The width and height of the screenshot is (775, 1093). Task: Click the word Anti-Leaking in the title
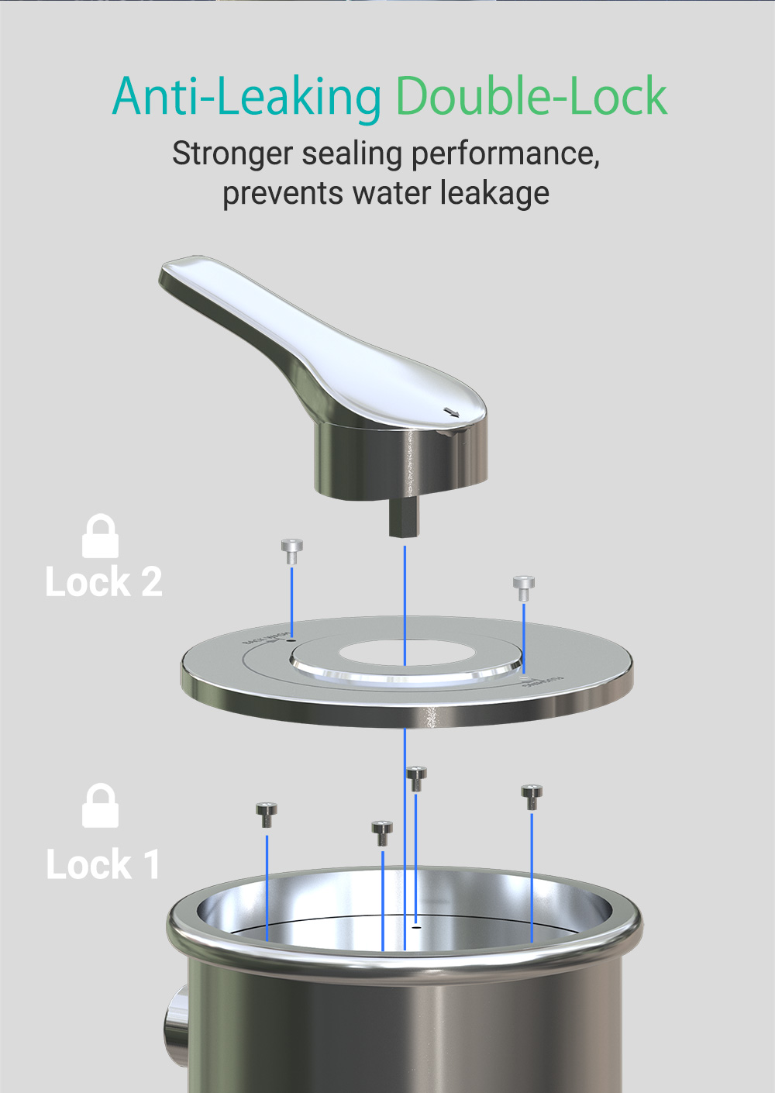tap(246, 97)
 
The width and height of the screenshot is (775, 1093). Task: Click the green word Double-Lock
tap(532, 97)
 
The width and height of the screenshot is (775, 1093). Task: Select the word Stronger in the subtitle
tap(232, 153)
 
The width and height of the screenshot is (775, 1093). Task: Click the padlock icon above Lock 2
tap(100, 536)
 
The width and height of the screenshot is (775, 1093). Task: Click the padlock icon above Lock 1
tap(100, 806)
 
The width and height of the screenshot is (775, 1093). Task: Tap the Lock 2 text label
tap(104, 582)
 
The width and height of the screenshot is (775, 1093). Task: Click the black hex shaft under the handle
tap(404, 519)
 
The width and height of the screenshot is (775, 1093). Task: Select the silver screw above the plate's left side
tap(291, 550)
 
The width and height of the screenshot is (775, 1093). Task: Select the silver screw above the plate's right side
tap(524, 588)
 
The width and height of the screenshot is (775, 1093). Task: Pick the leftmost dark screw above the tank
tap(267, 814)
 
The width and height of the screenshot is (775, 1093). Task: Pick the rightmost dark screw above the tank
tap(532, 796)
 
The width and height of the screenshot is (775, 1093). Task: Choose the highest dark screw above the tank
tap(416, 778)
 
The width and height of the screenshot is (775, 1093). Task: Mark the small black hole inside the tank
tap(416, 926)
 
